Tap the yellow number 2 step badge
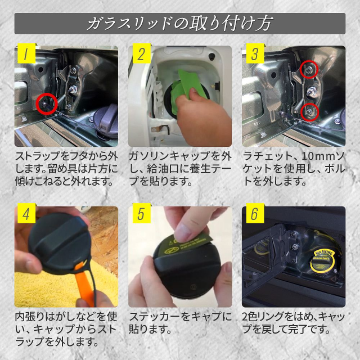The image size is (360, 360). click(x=142, y=53)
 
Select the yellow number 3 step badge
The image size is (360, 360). click(x=255, y=53)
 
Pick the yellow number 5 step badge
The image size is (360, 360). click(x=142, y=213)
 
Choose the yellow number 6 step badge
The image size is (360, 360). click(x=255, y=213)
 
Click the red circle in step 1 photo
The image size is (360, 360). click(x=36, y=104)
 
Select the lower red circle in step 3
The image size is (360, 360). click(x=301, y=112)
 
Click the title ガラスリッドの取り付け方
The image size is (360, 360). click(x=180, y=24)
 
